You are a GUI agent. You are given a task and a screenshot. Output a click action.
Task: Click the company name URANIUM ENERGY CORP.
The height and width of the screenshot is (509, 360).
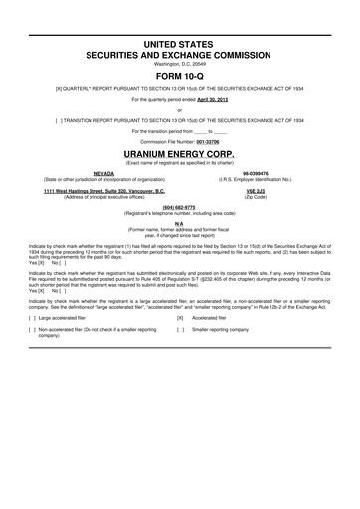pos(179,154)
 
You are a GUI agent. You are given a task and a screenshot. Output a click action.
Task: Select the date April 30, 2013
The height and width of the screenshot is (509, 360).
pos(225,100)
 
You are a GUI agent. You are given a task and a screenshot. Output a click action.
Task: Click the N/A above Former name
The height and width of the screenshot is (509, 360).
pos(179,224)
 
